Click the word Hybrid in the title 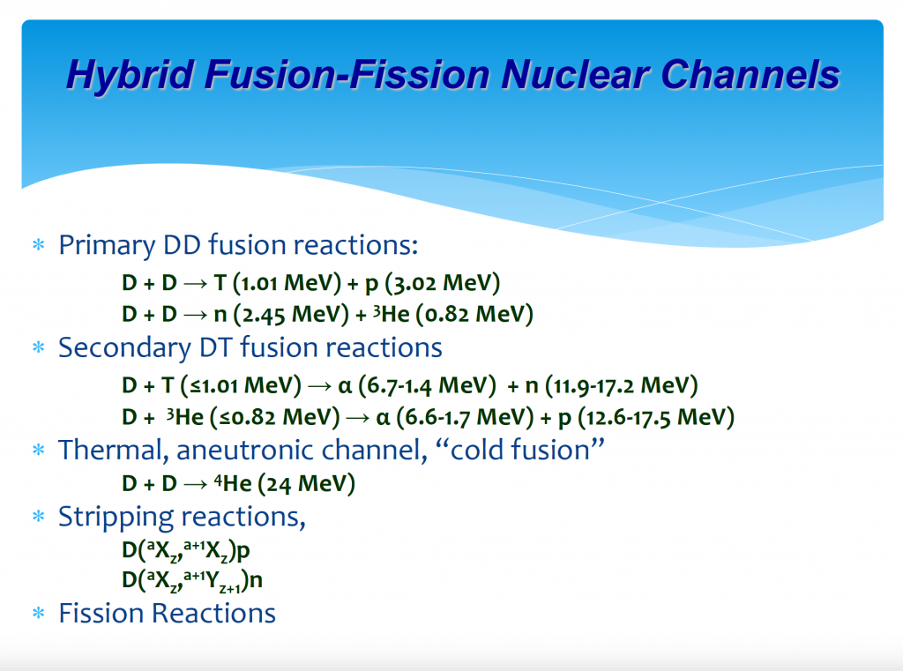[131, 76]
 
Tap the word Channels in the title [750, 75]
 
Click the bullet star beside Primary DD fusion [39, 245]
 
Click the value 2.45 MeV [291, 315]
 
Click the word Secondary [124, 348]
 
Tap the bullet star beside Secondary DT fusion [39, 348]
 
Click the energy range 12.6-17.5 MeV [656, 417]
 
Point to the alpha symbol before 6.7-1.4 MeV [345, 386]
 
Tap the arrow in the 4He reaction [195, 484]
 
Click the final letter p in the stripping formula [243, 552]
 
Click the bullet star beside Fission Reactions [39, 613]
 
